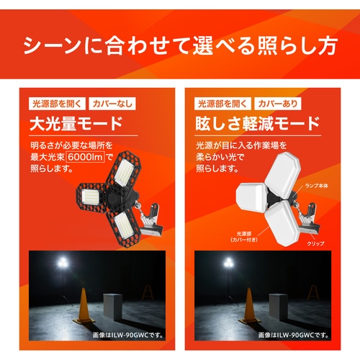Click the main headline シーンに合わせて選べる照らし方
tap(180, 49)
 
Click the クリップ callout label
tap(315, 243)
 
